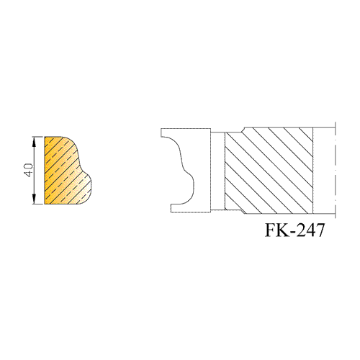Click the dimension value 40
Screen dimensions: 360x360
(29, 170)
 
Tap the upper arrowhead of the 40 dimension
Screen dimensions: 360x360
(34, 142)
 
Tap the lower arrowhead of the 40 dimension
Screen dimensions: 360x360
(34, 199)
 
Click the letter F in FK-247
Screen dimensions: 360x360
(271, 230)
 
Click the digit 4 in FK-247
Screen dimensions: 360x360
(312, 230)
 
